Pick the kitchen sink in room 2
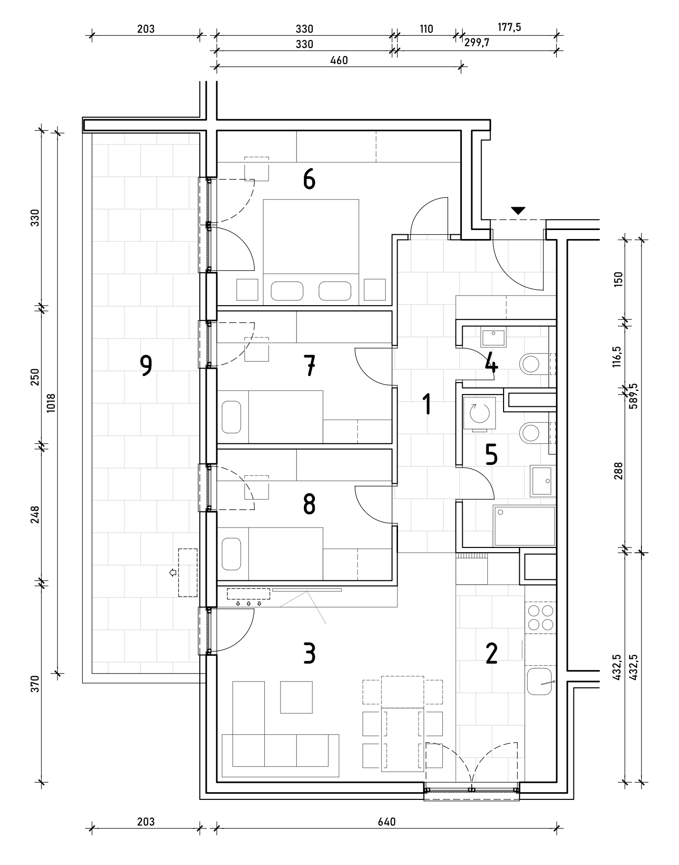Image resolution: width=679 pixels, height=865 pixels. coord(540,681)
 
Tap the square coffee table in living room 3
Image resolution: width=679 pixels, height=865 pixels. coord(296,697)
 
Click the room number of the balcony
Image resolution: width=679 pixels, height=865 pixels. coord(146,366)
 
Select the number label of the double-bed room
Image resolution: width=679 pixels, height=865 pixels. coord(309,180)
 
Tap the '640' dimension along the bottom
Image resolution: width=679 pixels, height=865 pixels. coord(388,821)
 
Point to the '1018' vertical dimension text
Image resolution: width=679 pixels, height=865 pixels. coord(51,403)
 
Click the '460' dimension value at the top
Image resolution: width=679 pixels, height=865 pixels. coord(339,60)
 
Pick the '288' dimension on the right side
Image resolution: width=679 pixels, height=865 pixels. coord(618,471)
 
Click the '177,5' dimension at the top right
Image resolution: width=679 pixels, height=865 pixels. coord(509,27)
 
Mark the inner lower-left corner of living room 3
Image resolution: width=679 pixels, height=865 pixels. coord(217,782)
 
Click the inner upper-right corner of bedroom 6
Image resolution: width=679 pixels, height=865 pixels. coord(461,131)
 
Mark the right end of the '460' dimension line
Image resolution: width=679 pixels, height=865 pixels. coord(460,66)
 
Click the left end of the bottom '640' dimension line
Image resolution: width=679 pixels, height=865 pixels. coord(217,830)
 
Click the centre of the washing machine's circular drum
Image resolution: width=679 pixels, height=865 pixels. coord(479,413)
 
